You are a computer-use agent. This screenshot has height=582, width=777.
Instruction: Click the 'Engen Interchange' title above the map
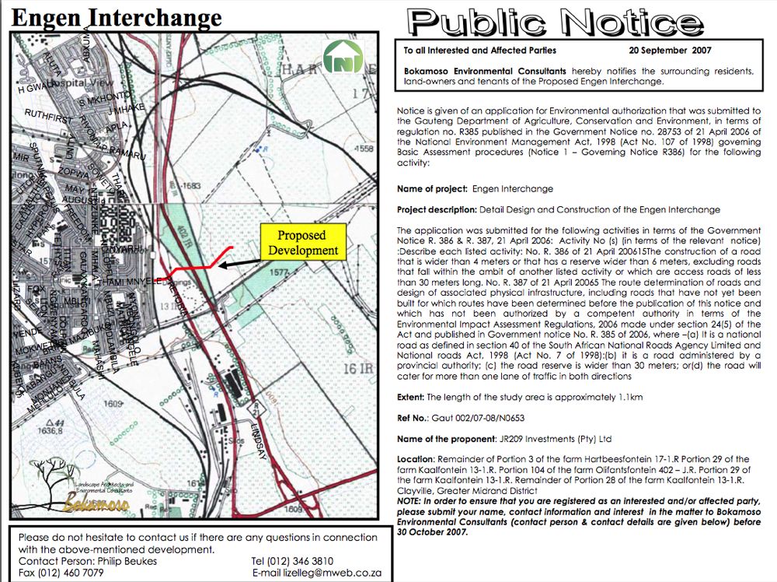coord(117,17)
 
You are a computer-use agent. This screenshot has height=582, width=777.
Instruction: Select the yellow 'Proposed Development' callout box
coord(301,243)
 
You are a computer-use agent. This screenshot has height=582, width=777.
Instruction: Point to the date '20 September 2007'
coord(671,51)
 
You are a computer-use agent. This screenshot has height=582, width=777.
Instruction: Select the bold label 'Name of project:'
coord(432,189)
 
